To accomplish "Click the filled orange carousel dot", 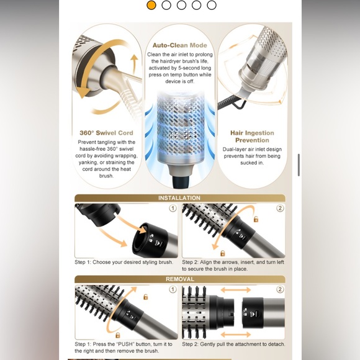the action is (x=151, y=5).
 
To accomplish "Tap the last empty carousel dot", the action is (x=212, y=5).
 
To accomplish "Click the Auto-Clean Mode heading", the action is (x=180, y=45).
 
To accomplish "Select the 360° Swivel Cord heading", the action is (x=106, y=133).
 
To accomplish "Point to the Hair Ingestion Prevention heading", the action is (x=252, y=137).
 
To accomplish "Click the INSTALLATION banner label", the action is (x=179, y=198).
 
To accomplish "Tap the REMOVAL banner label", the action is (x=180, y=279).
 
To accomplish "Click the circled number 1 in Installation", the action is (x=173, y=208).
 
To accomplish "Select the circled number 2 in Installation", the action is (x=280, y=208).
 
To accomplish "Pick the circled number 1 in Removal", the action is (x=173, y=289).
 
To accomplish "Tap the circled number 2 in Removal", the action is (x=280, y=289).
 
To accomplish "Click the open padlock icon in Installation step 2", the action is (x=256, y=219).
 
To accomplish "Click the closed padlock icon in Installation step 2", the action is (x=222, y=253).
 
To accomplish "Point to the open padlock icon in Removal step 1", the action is (x=146, y=297).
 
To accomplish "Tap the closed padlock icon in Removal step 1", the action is (x=117, y=335).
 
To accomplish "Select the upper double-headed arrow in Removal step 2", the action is (x=236, y=290).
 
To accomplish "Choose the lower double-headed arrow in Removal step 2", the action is (x=236, y=335).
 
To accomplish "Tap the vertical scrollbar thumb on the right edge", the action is (x=299, y=165).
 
